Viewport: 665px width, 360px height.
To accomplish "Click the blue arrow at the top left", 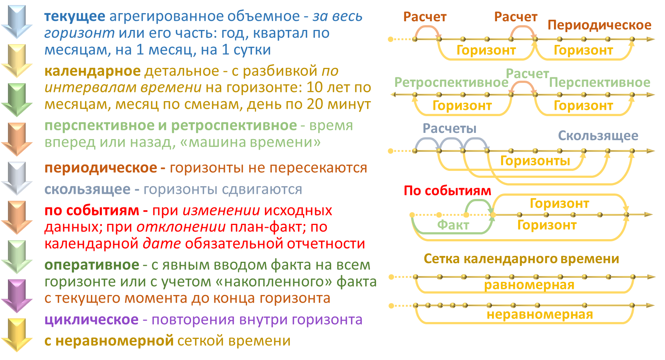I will tap(17, 22).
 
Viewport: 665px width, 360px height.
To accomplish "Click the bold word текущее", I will tap(75, 16).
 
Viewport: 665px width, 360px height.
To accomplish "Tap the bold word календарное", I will tap(92, 71).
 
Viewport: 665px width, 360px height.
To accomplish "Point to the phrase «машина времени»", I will tap(251, 142).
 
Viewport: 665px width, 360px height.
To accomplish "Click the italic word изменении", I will tap(221, 210).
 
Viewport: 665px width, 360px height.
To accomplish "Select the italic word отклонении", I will tap(181, 227).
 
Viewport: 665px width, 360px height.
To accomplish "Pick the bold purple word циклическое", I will tap(91, 319).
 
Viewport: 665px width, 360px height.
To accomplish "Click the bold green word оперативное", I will tap(92, 265).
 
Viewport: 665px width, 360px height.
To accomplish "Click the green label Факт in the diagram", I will tap(453, 225).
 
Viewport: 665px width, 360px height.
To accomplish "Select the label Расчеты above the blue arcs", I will tap(449, 129).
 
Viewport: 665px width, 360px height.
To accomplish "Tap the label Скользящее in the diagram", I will tap(598, 136).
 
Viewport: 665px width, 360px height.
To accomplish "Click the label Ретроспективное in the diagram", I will tap(451, 83).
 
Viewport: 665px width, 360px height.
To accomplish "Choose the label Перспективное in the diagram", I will tap(599, 83).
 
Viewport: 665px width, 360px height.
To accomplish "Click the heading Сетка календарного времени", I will tap(521, 259).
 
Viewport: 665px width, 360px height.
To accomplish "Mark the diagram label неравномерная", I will tap(539, 314).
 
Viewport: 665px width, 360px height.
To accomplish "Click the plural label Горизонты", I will tap(535, 161).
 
